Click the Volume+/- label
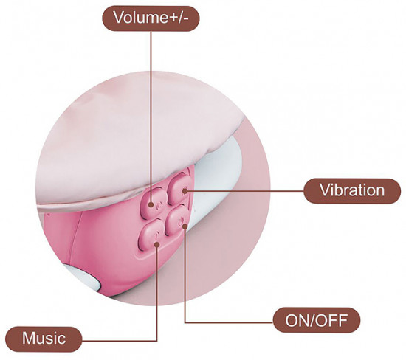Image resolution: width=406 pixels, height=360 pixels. pyautogui.click(x=151, y=18)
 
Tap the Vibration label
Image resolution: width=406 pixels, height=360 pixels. pyautogui.click(x=352, y=191)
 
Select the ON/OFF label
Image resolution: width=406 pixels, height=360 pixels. pyautogui.click(x=317, y=320)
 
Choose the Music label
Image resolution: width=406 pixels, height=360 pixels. pyautogui.click(x=44, y=339)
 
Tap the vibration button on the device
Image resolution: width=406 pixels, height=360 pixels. pyautogui.click(x=180, y=189)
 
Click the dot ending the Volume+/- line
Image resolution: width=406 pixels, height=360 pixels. pyautogui.click(x=151, y=204)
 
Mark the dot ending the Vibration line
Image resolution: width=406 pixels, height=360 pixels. pyautogui.click(x=185, y=192)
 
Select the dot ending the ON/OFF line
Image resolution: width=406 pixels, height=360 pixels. pyautogui.click(x=185, y=226)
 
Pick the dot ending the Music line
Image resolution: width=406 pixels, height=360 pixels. pyautogui.click(x=157, y=244)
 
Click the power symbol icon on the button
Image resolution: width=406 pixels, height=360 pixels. pyautogui.click(x=181, y=221)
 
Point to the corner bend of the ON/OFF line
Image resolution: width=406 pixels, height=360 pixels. pyautogui.click(x=185, y=322)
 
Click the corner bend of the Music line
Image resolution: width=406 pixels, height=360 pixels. pyautogui.click(x=157, y=341)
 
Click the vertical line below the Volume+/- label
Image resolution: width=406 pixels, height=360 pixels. pyautogui.click(x=151, y=117)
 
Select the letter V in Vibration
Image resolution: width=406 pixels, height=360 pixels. pyautogui.click(x=325, y=190)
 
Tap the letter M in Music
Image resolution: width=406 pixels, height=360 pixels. pyautogui.click(x=29, y=339)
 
